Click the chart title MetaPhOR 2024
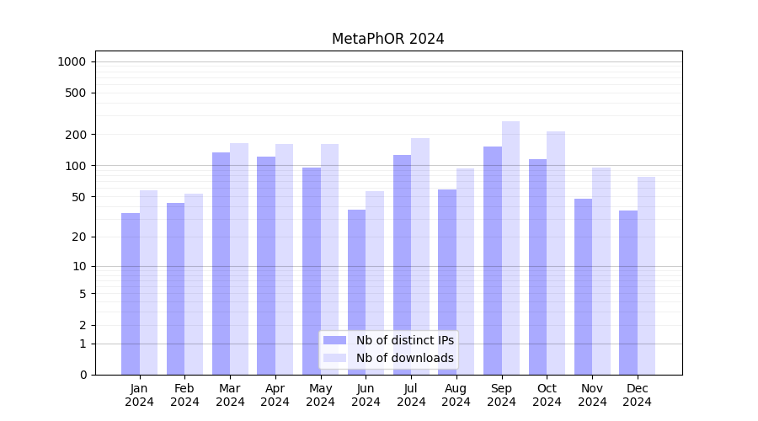click(x=387, y=39)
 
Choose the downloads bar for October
click(x=556, y=253)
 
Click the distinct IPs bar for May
click(x=312, y=270)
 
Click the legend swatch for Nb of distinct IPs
click(x=334, y=340)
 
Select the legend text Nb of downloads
click(x=404, y=358)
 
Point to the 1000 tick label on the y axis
click(x=72, y=61)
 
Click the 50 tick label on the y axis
click(x=77, y=197)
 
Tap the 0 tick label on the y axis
click(x=83, y=375)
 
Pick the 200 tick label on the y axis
click(x=74, y=135)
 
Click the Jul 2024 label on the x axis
click(x=411, y=395)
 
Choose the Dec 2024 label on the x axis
click(x=637, y=395)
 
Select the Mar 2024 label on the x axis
click(x=230, y=395)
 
